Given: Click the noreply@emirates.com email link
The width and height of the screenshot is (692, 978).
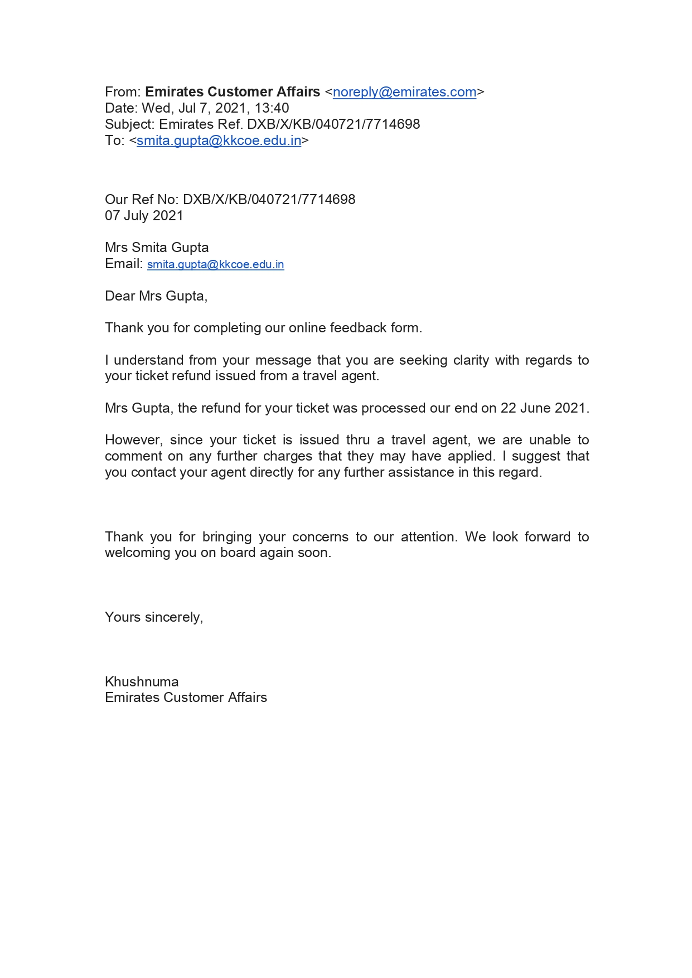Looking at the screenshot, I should click(404, 92).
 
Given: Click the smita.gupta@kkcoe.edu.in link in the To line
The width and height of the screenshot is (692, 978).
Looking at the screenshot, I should click(219, 141).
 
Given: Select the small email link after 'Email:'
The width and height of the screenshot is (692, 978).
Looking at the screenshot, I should click(215, 264).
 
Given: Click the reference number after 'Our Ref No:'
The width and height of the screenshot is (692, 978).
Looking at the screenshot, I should click(269, 200).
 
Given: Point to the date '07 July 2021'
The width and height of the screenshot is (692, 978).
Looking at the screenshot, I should click(144, 216).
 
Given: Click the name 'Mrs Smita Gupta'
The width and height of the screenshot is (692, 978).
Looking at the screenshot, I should click(157, 248).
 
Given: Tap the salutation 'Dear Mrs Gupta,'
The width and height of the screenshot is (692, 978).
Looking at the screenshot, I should click(156, 296).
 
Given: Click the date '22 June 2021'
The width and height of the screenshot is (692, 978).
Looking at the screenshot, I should click(543, 408).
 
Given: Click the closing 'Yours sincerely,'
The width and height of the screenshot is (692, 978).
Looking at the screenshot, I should click(154, 617).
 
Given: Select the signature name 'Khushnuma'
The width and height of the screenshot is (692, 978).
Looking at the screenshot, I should click(142, 682).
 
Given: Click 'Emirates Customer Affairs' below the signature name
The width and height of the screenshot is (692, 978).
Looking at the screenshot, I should click(186, 698).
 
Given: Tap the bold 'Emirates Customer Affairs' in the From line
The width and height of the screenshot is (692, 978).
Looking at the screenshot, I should click(233, 92).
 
